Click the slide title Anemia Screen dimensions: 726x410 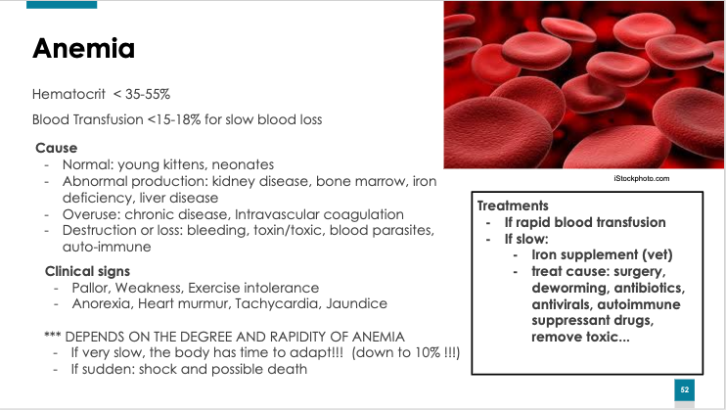tap(83, 48)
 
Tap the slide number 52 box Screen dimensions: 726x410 tap(684, 389)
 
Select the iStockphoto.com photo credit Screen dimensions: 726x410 tap(641, 178)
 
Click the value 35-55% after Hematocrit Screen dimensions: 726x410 tap(148, 94)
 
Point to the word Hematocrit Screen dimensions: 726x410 tap(68, 94)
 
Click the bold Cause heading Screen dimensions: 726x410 tap(56, 148)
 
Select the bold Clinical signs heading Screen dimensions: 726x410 tap(87, 271)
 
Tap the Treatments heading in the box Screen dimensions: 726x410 tap(513, 205)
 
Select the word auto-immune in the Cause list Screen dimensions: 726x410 tap(107, 247)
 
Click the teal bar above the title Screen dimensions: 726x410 tap(62, 5)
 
